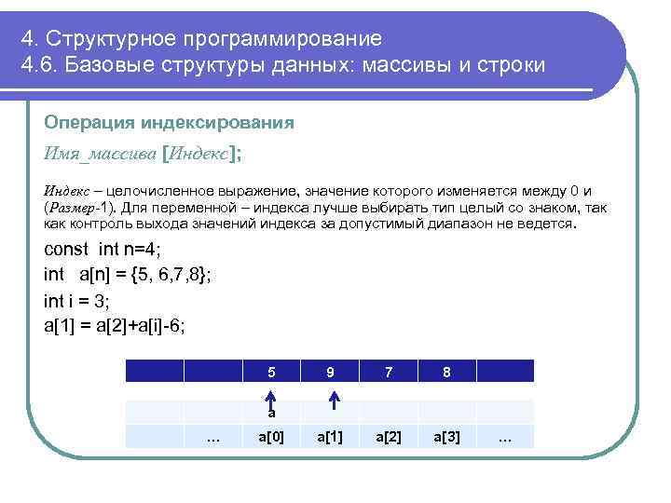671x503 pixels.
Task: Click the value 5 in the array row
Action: click(x=271, y=372)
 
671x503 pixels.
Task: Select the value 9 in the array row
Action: click(x=330, y=372)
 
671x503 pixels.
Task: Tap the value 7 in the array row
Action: click(x=389, y=372)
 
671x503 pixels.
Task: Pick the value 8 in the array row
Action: click(x=447, y=372)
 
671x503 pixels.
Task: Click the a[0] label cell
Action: click(x=271, y=437)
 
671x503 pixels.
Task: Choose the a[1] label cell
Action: click(x=330, y=437)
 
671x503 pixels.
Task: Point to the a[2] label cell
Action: click(x=389, y=437)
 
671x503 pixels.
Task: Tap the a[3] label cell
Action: click(x=447, y=437)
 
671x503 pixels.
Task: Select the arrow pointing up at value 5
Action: click(x=271, y=399)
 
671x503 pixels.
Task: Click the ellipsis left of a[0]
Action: click(x=212, y=437)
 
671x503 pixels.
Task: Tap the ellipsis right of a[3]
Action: click(x=506, y=437)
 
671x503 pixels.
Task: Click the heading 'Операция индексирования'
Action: click(x=169, y=123)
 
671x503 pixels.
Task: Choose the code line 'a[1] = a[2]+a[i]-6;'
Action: click(x=115, y=326)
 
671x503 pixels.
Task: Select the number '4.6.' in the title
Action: click(x=39, y=68)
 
